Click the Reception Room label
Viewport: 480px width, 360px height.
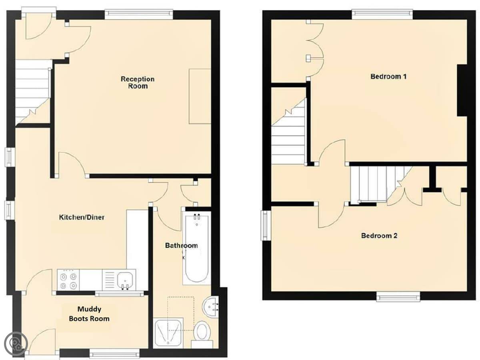tap(138, 82)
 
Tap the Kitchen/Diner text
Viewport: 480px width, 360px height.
tap(82, 217)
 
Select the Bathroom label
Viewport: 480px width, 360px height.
tap(181, 246)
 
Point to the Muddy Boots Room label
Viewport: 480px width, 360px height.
tap(89, 314)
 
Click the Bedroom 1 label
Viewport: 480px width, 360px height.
tap(388, 76)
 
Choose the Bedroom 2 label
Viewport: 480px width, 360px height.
tap(379, 236)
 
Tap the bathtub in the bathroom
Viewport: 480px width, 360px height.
tap(197, 248)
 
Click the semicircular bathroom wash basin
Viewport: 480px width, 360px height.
tap(210, 307)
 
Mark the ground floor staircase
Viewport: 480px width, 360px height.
tap(33, 92)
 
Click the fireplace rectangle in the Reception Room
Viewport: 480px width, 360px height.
tap(200, 96)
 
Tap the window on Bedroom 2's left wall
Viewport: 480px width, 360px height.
tap(266, 225)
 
